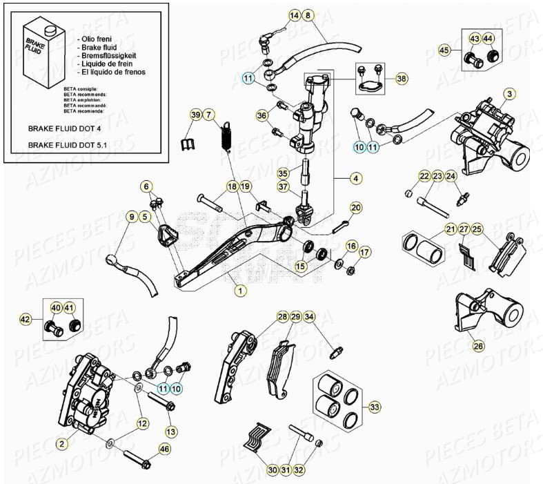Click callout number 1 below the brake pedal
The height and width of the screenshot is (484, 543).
239,291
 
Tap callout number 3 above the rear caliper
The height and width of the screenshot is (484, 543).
509,94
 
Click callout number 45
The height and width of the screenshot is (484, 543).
446,50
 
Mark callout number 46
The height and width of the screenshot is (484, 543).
164,449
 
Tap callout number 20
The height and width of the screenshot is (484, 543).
355,207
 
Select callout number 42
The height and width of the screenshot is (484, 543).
26,319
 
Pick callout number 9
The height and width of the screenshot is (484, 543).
130,217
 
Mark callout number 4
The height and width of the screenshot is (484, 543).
355,178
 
